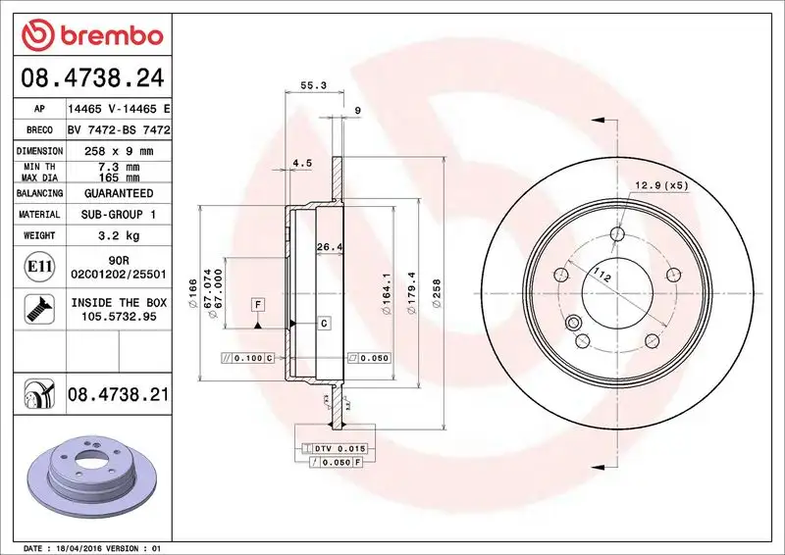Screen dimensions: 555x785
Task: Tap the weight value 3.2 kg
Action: (119, 235)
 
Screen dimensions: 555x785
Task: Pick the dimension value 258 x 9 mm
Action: (119, 151)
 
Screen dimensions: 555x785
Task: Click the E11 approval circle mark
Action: (32, 266)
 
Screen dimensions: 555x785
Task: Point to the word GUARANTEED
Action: (119, 193)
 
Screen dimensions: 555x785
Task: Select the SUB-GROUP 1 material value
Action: (119, 214)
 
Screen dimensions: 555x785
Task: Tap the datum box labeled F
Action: (257, 303)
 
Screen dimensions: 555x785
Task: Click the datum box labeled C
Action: (323, 323)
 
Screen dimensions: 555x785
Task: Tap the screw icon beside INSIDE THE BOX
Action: (32, 309)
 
